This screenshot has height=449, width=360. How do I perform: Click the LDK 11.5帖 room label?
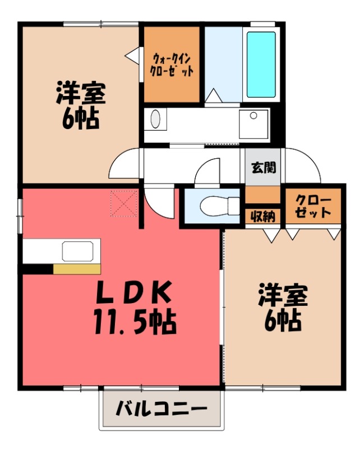pos(135,307)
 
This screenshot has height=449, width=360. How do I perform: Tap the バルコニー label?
pos(161,409)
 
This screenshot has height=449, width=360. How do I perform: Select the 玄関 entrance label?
pos(264,167)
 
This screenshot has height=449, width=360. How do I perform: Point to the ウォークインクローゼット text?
pos(172,65)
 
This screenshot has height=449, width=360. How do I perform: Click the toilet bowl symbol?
pos(219,205)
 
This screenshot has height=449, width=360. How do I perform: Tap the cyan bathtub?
pos(261,64)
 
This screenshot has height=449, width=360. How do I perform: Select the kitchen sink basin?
pos(77,251)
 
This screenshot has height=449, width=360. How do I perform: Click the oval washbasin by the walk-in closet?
pos(155,119)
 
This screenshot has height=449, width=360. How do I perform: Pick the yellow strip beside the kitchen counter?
pos(77,269)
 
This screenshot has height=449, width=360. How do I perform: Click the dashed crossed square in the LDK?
pos(124,204)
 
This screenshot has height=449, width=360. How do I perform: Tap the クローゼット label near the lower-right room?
pos(313,206)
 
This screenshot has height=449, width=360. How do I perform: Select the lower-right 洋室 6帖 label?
pos(283,308)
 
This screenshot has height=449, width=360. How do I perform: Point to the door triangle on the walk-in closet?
pos(132,54)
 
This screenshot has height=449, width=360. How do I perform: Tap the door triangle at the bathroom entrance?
pos(213,95)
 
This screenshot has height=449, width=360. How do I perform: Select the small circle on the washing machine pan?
pos(253,116)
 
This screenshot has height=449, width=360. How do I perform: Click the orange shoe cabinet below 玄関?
pos(262,195)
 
